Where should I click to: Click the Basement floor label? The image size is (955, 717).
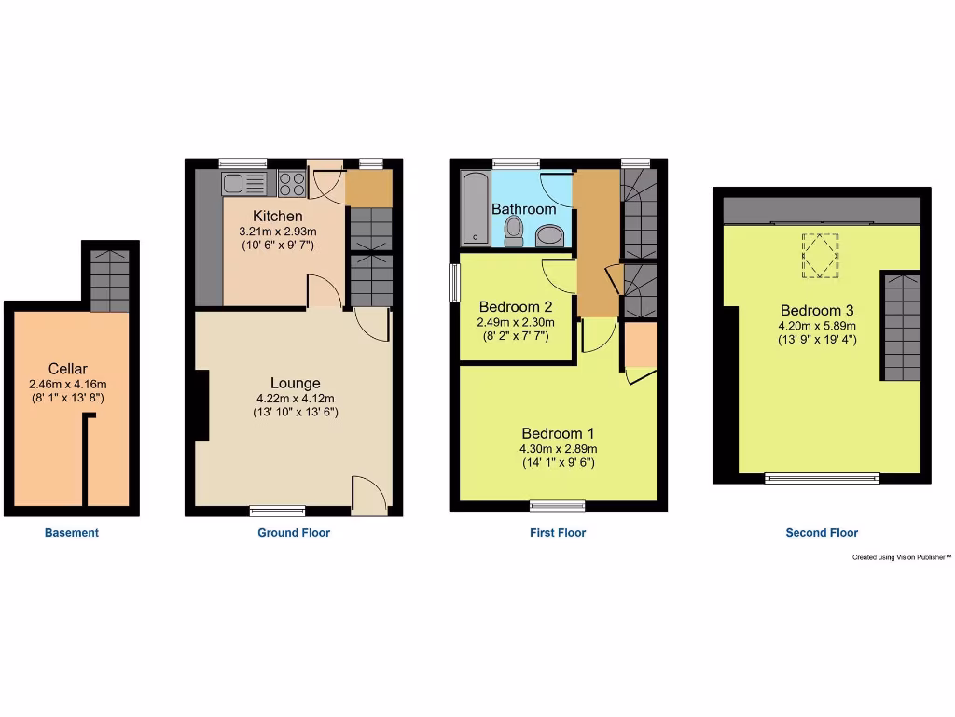coord(72,533)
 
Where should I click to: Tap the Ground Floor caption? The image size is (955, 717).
coord(294,533)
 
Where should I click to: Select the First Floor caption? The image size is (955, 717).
coord(558,533)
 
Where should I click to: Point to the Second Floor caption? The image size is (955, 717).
coord(822,533)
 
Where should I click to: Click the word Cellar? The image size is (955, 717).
coord(67,369)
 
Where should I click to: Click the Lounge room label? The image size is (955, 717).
coord(295,383)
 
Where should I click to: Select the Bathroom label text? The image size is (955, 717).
coord(523,209)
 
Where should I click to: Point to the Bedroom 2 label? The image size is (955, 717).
coord(516,306)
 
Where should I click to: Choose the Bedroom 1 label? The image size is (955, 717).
coord(558,433)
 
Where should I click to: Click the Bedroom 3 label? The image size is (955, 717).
coord(817,310)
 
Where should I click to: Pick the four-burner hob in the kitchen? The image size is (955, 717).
coord(292,184)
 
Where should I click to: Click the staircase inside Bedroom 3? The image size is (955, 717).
coord(901,327)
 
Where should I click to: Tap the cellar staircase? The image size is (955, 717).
coord(110,277)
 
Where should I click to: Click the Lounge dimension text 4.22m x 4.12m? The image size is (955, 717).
coord(295,399)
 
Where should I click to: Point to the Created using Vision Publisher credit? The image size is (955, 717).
coord(901,557)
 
